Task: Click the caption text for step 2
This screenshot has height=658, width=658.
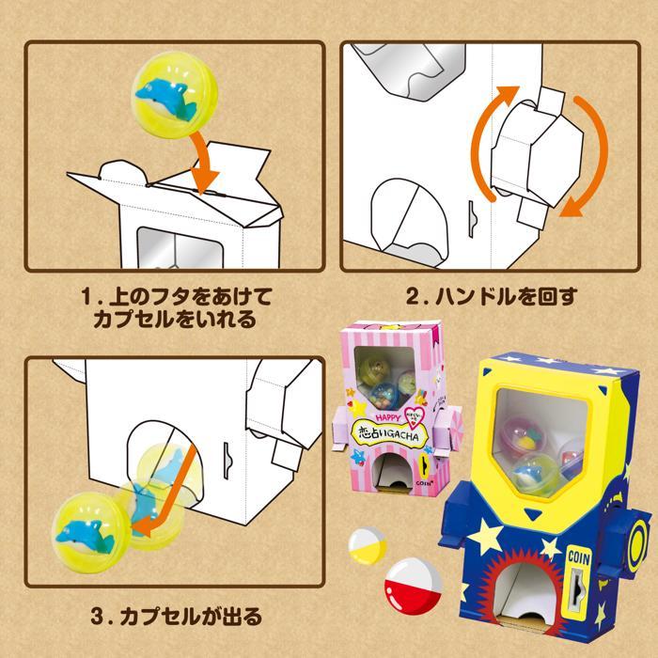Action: [x=490, y=296]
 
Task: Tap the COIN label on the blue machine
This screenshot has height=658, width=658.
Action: [x=580, y=556]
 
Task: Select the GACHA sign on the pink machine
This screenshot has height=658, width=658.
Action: [x=387, y=436]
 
